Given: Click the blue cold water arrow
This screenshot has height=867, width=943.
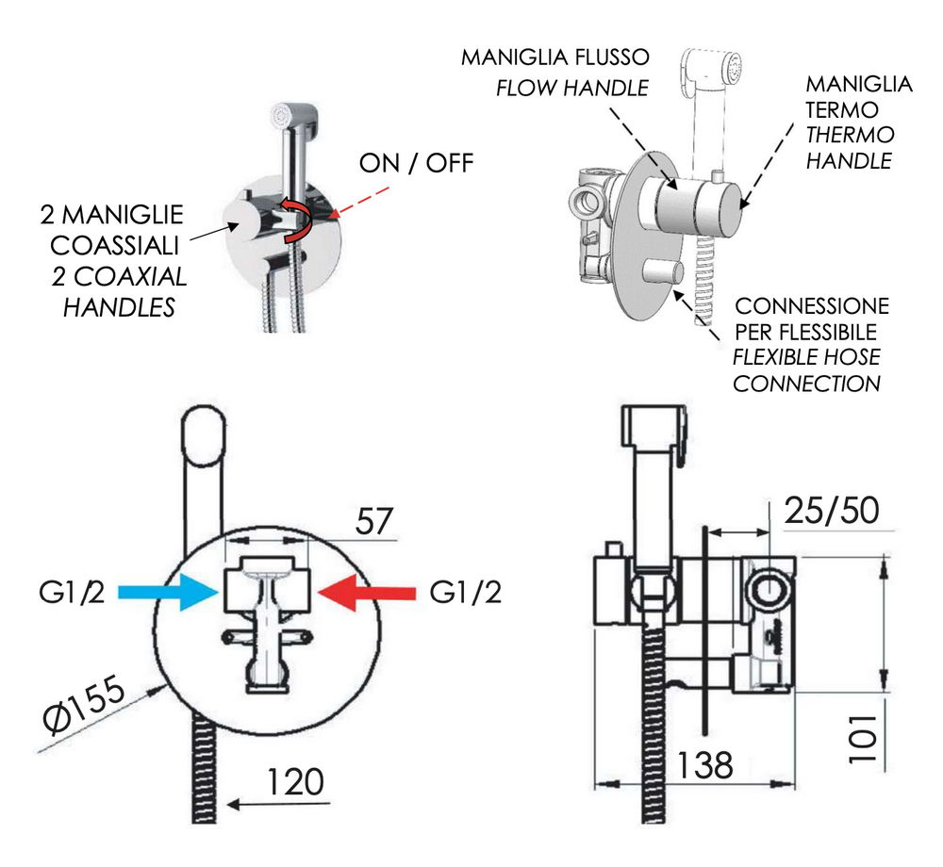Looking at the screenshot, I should [x=184, y=592].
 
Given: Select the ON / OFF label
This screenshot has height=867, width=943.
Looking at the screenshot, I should [x=416, y=163].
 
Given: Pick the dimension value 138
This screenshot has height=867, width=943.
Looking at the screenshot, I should [x=703, y=764].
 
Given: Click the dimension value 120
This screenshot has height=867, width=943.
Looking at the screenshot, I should [x=293, y=781].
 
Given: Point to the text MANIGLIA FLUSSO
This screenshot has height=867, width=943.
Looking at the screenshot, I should [x=554, y=57].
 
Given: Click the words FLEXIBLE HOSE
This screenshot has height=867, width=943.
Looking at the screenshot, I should [x=807, y=358].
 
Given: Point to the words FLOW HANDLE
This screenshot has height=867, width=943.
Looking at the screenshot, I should [x=572, y=88].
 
